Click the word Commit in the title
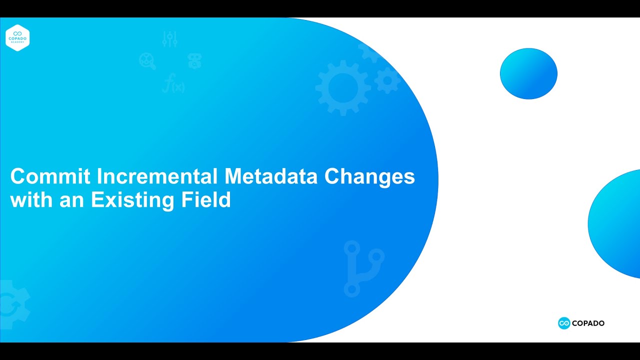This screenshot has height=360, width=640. pyautogui.click(x=50, y=176)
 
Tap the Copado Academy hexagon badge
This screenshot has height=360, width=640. pyautogui.click(x=17, y=37)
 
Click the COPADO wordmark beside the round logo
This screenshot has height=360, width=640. pyautogui.click(x=588, y=323)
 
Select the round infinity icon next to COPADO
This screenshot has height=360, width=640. pyautogui.click(x=564, y=323)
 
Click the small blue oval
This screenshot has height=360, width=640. pyautogui.click(x=528, y=73)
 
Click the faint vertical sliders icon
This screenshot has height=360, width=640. pyautogui.click(x=170, y=39)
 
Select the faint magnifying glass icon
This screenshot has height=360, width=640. pyautogui.click(x=147, y=61)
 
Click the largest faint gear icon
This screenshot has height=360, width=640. pyautogui.click(x=343, y=87)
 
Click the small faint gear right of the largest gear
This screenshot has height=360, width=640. pyautogui.click(x=387, y=80)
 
